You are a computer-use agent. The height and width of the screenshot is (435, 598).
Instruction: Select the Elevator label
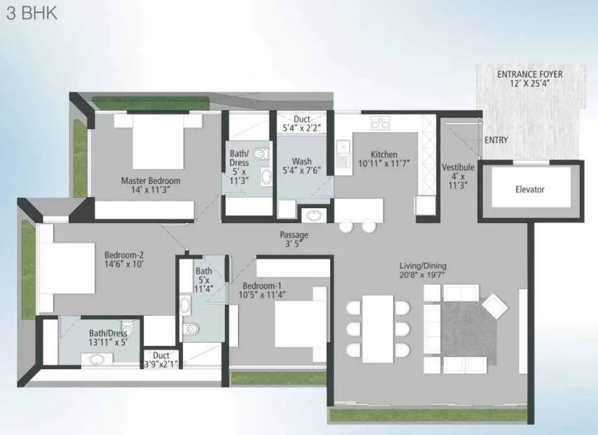click(529, 189)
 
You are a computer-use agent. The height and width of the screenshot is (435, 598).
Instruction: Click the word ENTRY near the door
click(496, 140)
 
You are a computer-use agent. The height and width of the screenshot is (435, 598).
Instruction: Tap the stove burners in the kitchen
click(381, 123)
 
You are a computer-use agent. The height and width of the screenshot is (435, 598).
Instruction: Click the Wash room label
click(301, 166)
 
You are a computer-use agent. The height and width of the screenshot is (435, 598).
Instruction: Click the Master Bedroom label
click(151, 185)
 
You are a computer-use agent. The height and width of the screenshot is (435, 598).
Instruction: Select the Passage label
click(294, 239)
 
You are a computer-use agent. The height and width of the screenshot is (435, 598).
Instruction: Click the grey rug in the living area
click(468, 329)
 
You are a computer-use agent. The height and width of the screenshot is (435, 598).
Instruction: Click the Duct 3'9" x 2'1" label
click(161, 360)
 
